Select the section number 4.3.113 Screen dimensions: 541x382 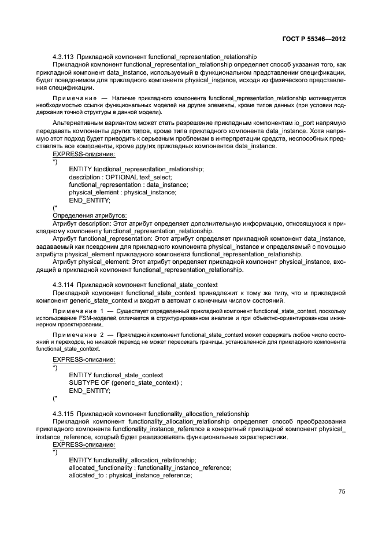64,57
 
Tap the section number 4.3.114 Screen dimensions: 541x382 64,285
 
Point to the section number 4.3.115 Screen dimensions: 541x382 64,414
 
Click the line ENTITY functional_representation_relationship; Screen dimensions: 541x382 136,168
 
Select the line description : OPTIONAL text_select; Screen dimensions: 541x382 120,176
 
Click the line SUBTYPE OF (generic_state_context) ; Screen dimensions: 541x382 125,383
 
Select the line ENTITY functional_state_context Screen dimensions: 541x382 116,376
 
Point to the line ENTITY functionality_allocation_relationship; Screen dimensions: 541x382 132,460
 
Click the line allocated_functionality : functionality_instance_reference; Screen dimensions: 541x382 150,468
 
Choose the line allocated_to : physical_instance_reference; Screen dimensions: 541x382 130,475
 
